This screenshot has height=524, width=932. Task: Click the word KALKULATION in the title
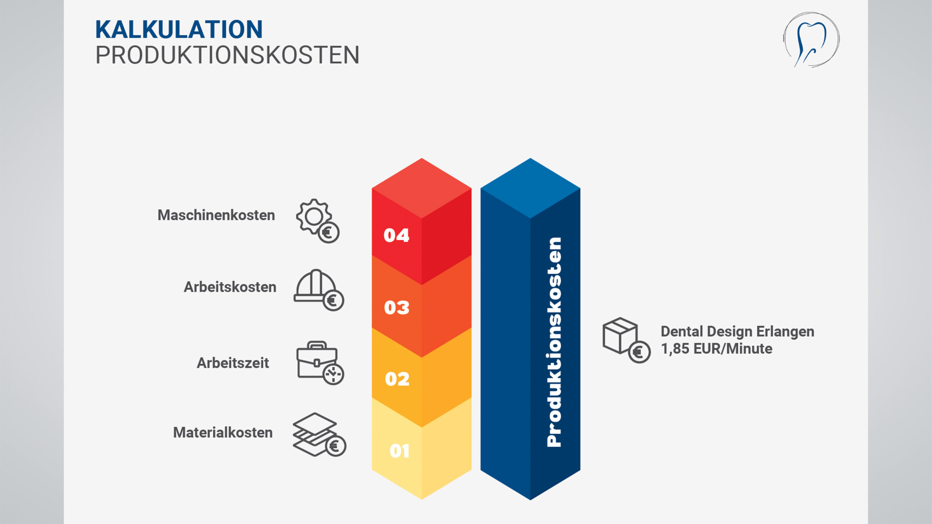179,29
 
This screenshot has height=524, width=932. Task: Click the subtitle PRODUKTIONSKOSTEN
227,55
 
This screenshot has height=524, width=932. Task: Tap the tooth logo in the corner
811,40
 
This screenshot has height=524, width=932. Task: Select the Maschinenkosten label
216,215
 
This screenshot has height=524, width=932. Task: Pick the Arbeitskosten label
230,287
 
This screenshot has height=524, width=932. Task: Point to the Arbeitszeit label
233,363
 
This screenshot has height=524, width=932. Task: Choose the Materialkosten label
223,432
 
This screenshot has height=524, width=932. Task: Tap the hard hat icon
319,290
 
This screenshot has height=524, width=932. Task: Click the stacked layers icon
319,434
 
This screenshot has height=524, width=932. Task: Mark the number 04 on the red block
396,235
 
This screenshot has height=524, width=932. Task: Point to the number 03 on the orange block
397,307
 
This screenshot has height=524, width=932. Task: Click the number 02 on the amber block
397,379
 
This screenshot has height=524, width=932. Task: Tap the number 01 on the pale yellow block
399,451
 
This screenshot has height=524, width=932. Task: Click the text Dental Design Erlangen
738,332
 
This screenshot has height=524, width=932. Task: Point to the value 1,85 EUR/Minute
716,349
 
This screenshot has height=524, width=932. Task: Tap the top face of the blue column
530,188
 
